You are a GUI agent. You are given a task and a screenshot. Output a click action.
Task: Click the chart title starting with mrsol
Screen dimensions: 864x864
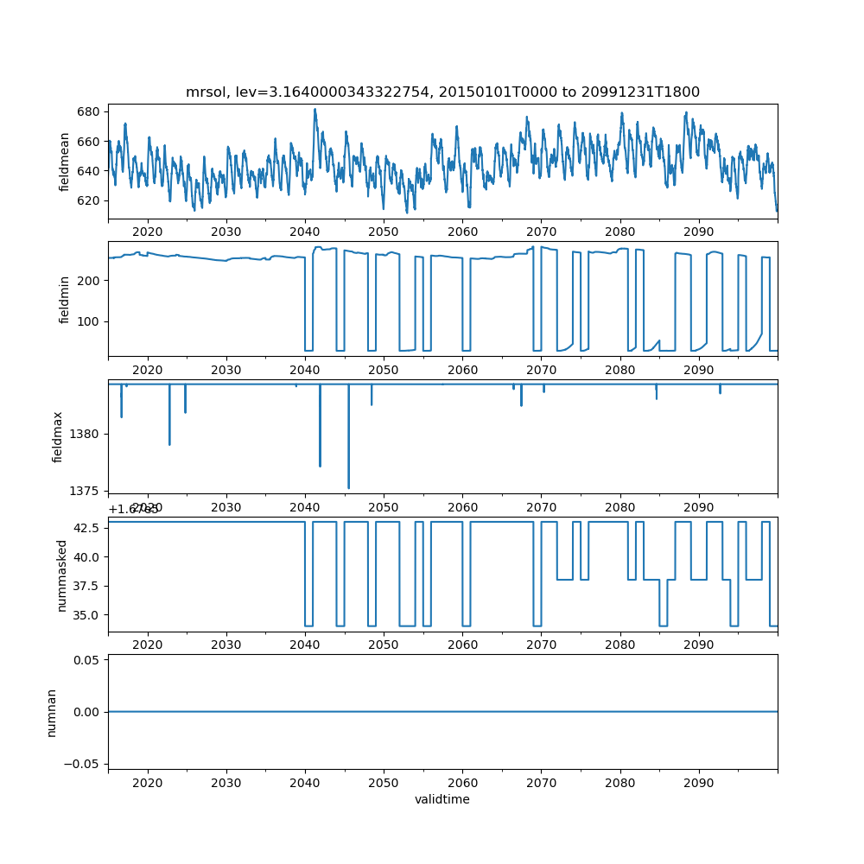[442, 92]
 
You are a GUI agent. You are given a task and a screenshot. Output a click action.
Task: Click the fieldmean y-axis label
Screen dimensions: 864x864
[64, 162]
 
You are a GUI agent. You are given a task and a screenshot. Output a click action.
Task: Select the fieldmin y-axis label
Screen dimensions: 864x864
[64, 299]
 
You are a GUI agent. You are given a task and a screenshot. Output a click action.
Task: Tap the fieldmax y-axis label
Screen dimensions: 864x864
[58, 436]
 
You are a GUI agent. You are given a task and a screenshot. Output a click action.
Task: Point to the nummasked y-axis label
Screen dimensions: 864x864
[61, 575]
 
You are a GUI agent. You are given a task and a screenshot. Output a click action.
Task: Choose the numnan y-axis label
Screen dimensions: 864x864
[51, 712]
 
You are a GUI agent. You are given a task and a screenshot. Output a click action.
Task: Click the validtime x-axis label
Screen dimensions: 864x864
[442, 799]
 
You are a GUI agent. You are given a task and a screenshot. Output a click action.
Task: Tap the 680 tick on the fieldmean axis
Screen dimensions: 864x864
[90, 111]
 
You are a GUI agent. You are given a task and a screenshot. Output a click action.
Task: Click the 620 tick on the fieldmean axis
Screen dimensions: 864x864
[90, 200]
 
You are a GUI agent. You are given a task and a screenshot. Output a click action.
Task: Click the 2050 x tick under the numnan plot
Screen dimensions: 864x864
[384, 784]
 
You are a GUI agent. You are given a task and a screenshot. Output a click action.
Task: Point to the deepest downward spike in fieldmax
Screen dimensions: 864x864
[348, 488]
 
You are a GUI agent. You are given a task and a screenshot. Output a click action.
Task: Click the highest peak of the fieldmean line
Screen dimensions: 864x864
[314, 109]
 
